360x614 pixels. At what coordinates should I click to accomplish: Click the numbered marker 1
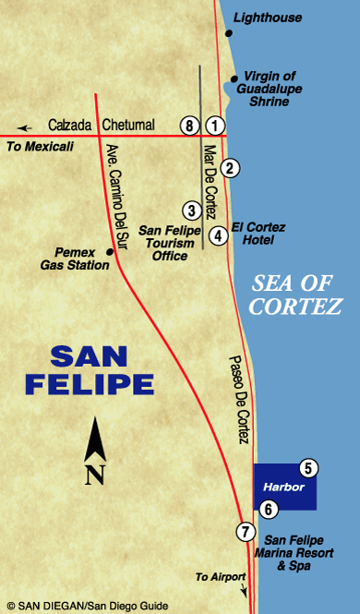215,125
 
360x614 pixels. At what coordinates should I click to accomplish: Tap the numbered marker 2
231,167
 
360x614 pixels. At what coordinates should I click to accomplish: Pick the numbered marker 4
218,235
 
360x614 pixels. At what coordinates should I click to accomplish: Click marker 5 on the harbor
308,468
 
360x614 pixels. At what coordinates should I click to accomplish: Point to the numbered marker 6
268,508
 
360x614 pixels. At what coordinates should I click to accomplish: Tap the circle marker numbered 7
245,531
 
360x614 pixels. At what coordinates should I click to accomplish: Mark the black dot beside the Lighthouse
229,34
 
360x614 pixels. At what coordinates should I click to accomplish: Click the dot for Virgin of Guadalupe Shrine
234,78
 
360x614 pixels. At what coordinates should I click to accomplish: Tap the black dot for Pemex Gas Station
110,251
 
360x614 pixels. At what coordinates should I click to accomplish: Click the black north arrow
93,445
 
